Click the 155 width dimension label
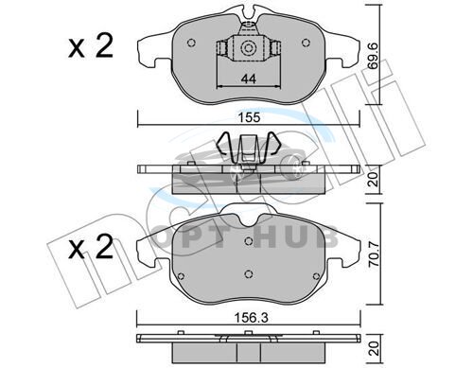tap(249, 117)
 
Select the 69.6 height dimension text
tap(374, 56)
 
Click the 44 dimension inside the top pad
tap(249, 79)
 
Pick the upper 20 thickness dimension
tap(374, 180)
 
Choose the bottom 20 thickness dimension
tap(374, 348)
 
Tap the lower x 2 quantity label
tap(91, 248)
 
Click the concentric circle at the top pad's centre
tap(247, 48)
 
